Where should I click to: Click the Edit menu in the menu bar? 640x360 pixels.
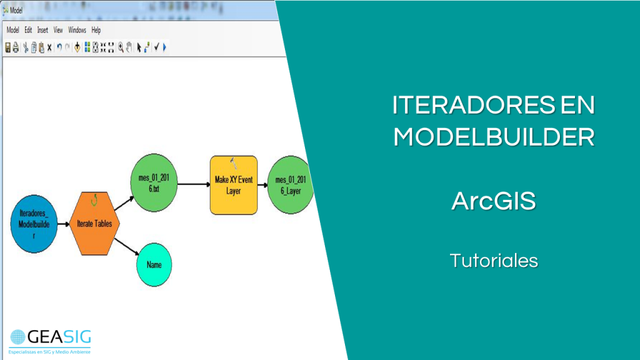[x=29, y=30]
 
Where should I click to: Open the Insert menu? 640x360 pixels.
[x=42, y=30]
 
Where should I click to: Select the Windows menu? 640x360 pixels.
[x=77, y=30]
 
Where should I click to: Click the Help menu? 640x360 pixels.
[x=96, y=30]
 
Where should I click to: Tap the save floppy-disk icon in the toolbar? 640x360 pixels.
[x=8, y=47]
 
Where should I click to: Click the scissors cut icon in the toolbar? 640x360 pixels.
[x=25, y=47]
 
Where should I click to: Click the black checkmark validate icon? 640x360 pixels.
[x=156, y=47]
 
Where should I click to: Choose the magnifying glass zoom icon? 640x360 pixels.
[x=121, y=47]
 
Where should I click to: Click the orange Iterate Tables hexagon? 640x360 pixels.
[x=94, y=223]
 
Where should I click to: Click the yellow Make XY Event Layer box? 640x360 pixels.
[x=234, y=184]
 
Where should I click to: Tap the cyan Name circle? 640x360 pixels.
[x=154, y=264]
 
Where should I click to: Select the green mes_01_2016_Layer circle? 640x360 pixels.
[x=290, y=185]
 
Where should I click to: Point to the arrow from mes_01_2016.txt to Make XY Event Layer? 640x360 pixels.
[x=193, y=184]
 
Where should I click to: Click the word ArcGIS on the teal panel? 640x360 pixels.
[x=494, y=201]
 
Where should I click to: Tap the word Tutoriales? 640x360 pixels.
[x=494, y=260]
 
